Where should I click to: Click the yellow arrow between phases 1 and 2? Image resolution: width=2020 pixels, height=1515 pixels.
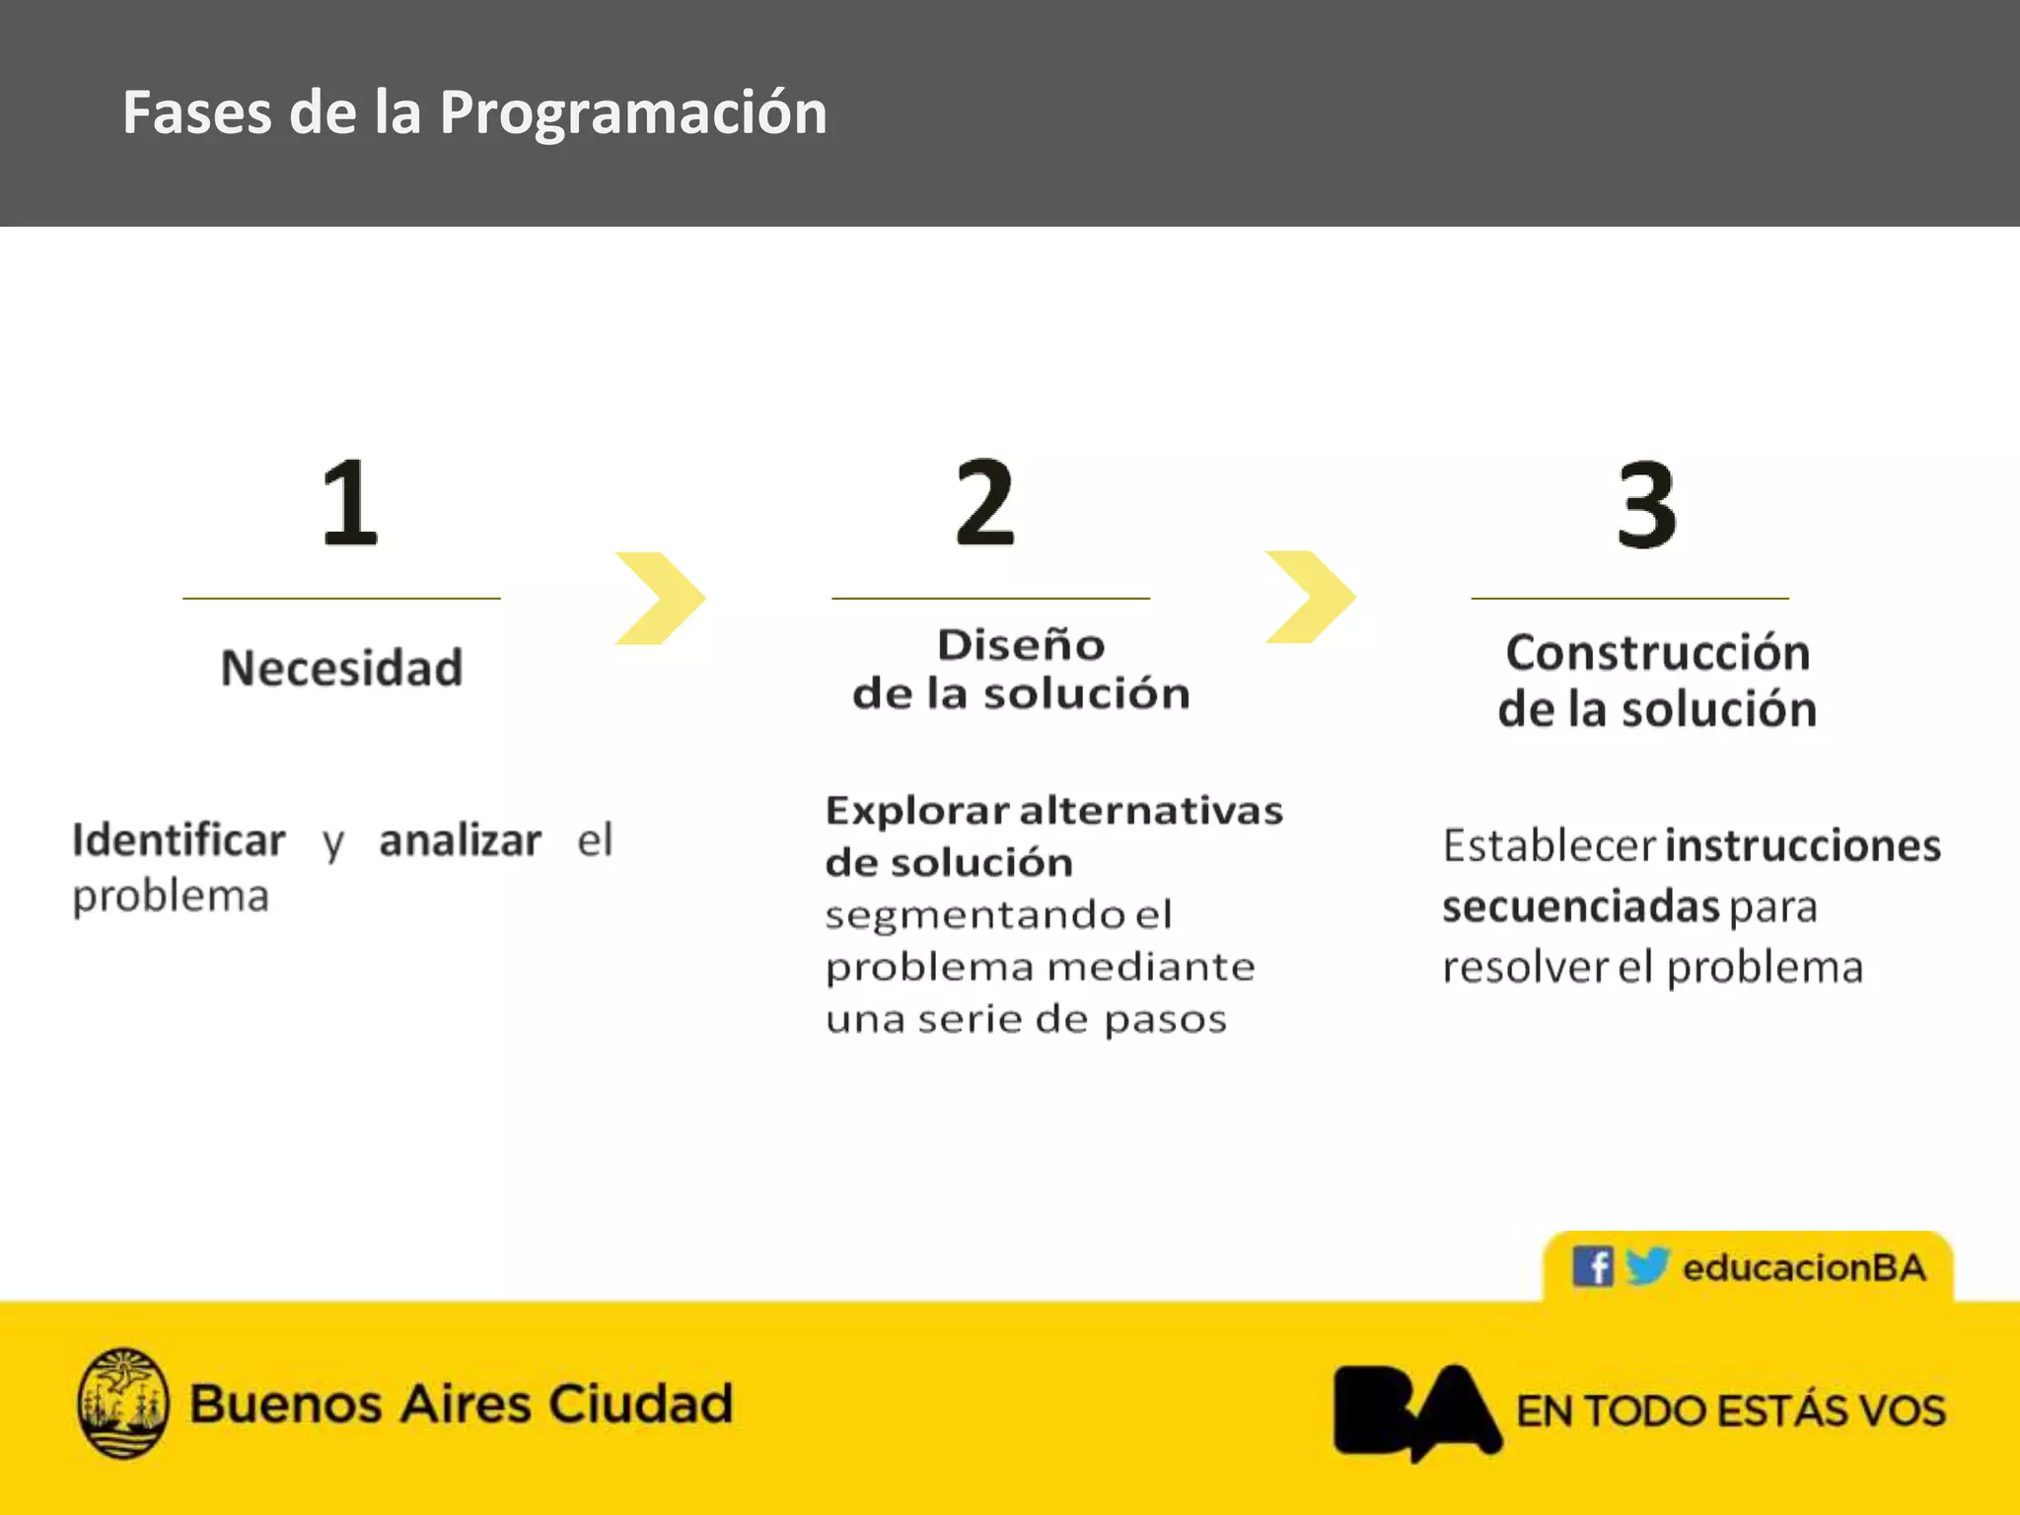tap(659, 599)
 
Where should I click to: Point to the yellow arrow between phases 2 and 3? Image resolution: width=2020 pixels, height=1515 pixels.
tap(1310, 597)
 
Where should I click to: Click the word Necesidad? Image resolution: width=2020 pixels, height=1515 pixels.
tap(341, 668)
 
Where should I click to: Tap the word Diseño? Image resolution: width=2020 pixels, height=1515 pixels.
tap(1021, 645)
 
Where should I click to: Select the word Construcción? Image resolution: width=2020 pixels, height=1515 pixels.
tap(1657, 653)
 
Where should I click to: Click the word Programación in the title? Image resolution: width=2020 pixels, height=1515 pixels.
tap(633, 111)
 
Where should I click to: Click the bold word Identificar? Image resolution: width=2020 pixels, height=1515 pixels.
tap(179, 840)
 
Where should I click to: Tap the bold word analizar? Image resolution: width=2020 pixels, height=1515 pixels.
tap(460, 840)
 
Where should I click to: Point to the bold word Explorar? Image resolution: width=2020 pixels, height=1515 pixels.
tap(917, 811)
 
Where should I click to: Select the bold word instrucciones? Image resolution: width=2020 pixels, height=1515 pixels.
tap(1803, 845)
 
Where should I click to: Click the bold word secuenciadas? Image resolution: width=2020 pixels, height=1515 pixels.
tap(1580, 906)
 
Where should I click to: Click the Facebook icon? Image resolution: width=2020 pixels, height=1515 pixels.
tap(1592, 1266)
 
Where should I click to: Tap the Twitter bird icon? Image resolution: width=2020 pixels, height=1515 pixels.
tap(1646, 1265)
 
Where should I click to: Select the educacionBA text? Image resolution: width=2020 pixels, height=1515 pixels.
tap(1804, 1267)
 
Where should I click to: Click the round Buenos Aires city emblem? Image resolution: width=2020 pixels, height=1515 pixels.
tap(123, 1403)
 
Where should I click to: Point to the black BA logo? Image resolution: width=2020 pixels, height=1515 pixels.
tap(1416, 1410)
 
